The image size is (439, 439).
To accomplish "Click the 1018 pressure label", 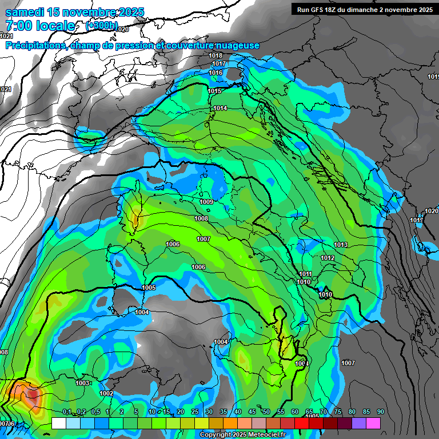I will (215, 55).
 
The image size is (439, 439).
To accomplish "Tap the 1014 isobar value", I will (220, 108).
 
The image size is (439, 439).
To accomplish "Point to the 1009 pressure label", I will (206, 202).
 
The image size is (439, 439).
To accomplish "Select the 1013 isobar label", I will (341, 245).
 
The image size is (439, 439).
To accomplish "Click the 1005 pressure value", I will (149, 288).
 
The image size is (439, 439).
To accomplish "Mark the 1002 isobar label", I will (106, 393).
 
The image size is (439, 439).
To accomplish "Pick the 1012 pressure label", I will (328, 258).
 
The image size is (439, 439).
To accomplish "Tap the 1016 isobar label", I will (215, 73).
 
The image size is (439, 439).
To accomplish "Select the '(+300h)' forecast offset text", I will (102, 26).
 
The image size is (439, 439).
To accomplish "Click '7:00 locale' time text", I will (39, 26).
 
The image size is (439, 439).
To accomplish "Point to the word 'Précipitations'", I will (35, 45).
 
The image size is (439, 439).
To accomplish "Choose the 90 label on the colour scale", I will (380, 412).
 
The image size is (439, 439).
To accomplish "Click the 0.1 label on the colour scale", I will (67, 412).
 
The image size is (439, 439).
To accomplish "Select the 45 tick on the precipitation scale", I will (252, 412).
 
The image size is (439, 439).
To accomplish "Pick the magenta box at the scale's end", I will (373, 423).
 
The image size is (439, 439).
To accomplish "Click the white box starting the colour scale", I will (58, 423).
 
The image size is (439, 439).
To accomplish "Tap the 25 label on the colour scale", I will (195, 412).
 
